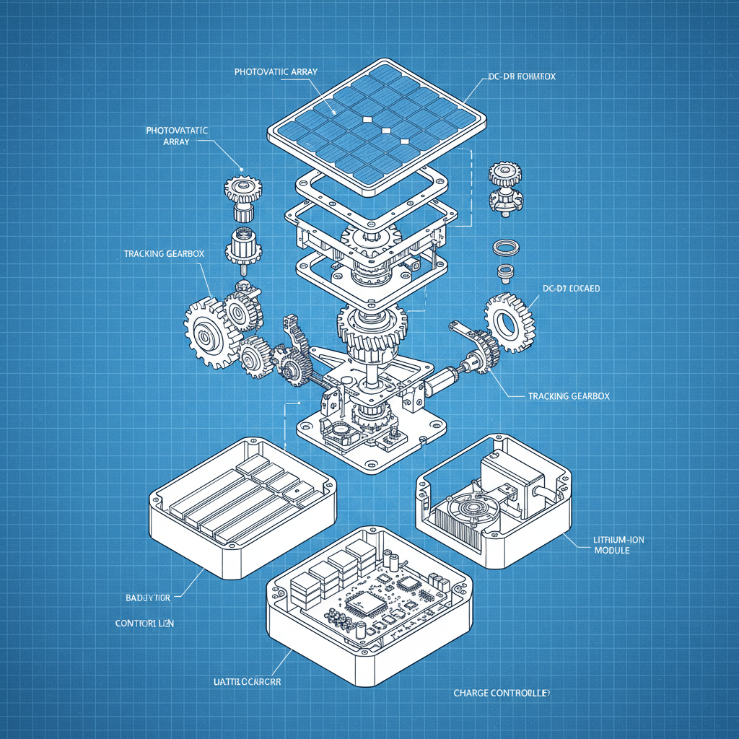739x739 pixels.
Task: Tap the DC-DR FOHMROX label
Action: pyautogui.click(x=520, y=76)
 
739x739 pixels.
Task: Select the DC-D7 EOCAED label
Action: pyautogui.click(x=571, y=288)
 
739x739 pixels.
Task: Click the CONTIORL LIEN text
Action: pyautogui.click(x=144, y=622)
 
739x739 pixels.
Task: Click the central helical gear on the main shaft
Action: pyautogui.click(x=371, y=329)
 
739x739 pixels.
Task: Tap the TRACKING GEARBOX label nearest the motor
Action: pyautogui.click(x=569, y=396)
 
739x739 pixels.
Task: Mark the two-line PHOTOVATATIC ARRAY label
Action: pyautogui.click(x=176, y=136)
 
